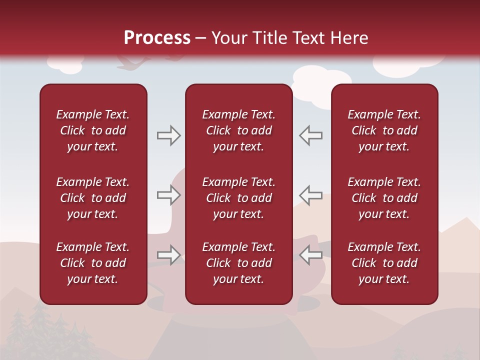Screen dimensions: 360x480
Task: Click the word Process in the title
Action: point(157,38)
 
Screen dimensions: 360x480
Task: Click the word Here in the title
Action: point(348,38)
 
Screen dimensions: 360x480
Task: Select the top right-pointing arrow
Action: point(168,135)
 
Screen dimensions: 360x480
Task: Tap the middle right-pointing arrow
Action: point(168,195)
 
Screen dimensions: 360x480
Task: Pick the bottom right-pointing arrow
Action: point(168,255)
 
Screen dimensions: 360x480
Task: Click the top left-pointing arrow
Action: point(310,135)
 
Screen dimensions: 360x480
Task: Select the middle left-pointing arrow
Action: point(310,195)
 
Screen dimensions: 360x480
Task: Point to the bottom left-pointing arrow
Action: point(310,255)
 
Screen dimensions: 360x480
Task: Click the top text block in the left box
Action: point(93,130)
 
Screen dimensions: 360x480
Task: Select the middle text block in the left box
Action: point(93,198)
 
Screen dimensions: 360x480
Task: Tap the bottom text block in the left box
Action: point(93,263)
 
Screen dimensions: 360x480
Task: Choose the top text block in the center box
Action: point(238,130)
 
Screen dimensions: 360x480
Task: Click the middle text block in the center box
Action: point(238,198)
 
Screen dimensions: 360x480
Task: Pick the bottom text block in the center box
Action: point(238,263)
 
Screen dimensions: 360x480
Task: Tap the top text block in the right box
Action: point(384,130)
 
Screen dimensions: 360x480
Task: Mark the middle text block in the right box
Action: point(384,198)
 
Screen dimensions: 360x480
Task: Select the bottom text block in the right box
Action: point(384,263)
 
